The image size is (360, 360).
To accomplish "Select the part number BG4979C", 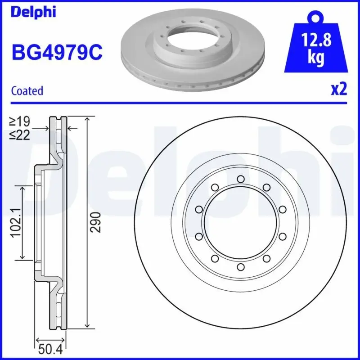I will (57, 52).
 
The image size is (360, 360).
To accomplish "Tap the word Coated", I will (27, 90).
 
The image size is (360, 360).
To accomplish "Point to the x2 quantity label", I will (339, 89).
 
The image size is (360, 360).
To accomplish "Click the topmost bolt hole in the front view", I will (241, 179).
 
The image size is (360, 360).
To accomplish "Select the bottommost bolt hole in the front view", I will (241, 267).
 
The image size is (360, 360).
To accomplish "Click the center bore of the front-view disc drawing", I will (241, 223).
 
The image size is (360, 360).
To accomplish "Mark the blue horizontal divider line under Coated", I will (180, 102).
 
